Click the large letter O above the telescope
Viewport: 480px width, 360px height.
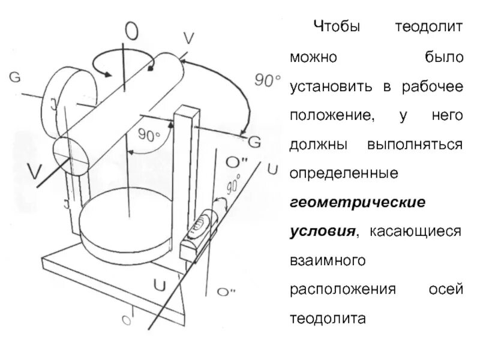134,29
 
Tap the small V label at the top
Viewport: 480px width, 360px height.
188,38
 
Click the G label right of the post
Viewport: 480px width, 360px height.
254,142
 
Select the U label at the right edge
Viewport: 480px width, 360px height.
272,169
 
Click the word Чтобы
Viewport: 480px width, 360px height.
338,27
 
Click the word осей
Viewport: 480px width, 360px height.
446,289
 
